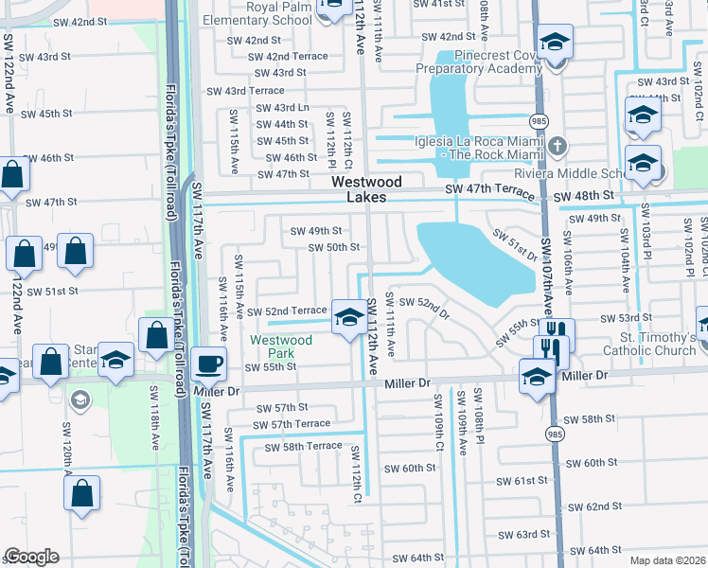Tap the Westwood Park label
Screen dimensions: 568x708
(x=280, y=346)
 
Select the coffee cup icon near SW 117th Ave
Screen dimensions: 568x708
(x=208, y=364)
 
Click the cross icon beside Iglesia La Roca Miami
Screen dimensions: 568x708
(x=559, y=146)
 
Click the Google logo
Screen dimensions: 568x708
(x=31, y=557)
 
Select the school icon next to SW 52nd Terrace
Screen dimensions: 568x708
(x=348, y=317)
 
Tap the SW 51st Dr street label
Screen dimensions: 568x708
(x=514, y=247)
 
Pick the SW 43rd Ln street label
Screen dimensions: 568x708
(x=282, y=108)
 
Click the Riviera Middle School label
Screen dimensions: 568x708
(x=595, y=173)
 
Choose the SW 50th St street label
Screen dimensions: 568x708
(x=334, y=247)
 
